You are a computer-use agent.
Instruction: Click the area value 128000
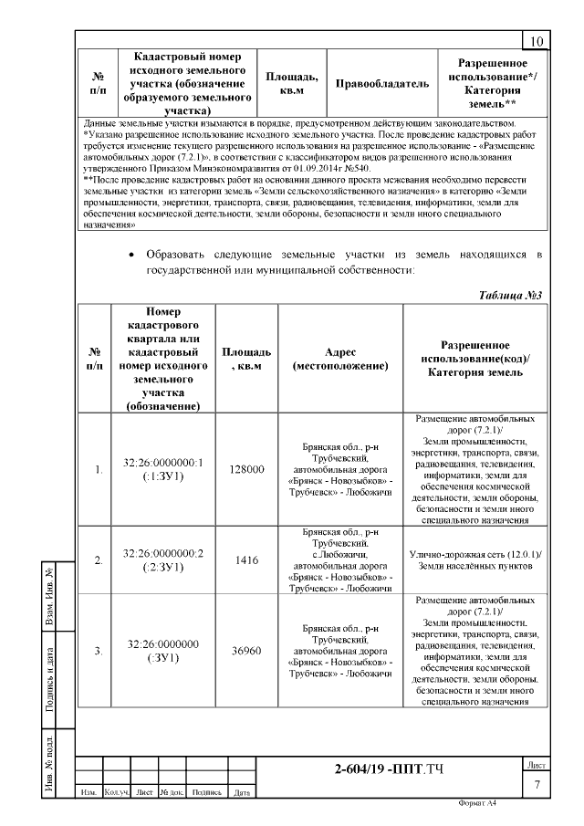(247, 469)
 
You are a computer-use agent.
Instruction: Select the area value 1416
(247, 560)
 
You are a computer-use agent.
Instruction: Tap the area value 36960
(247, 651)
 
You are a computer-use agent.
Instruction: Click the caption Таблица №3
(511, 296)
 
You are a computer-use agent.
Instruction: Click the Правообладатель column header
(382, 84)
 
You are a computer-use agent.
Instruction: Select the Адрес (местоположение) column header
(340, 359)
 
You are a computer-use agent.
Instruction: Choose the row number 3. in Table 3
(98, 651)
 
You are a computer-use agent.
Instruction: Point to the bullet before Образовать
(133, 253)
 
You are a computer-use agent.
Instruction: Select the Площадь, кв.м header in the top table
(291, 84)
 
